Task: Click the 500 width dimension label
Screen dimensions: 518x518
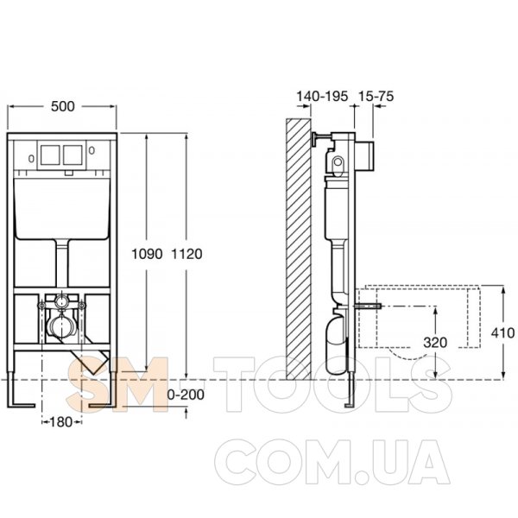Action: pos(63,106)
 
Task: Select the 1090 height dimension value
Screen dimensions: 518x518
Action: pos(147,254)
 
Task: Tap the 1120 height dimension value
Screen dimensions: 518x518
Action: pos(186,254)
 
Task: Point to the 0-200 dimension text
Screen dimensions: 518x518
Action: pos(186,395)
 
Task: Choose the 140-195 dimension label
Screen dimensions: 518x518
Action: pos(322,96)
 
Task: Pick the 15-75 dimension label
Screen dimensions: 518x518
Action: pos(376,96)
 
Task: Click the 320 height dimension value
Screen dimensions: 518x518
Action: pos(435,343)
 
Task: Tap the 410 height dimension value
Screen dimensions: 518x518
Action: pos(502,332)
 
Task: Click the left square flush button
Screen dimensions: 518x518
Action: pos(50,155)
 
